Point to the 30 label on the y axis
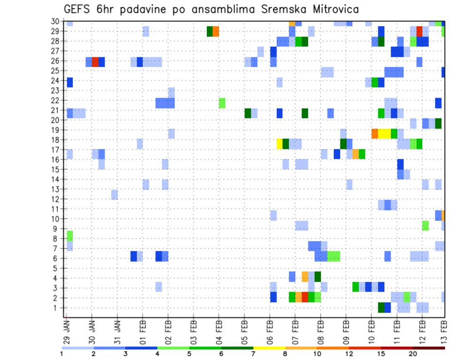[x=57, y=21]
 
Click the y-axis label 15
[x=57, y=169]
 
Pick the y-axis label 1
[x=59, y=308]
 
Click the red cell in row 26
[x=96, y=62]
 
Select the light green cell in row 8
[x=70, y=236]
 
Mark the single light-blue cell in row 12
[x=115, y=195]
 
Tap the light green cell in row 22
[x=222, y=103]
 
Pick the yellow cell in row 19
[x=384, y=133]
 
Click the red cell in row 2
[x=305, y=297]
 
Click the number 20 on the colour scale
[x=413, y=354]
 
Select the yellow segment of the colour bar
[x=269, y=348]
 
